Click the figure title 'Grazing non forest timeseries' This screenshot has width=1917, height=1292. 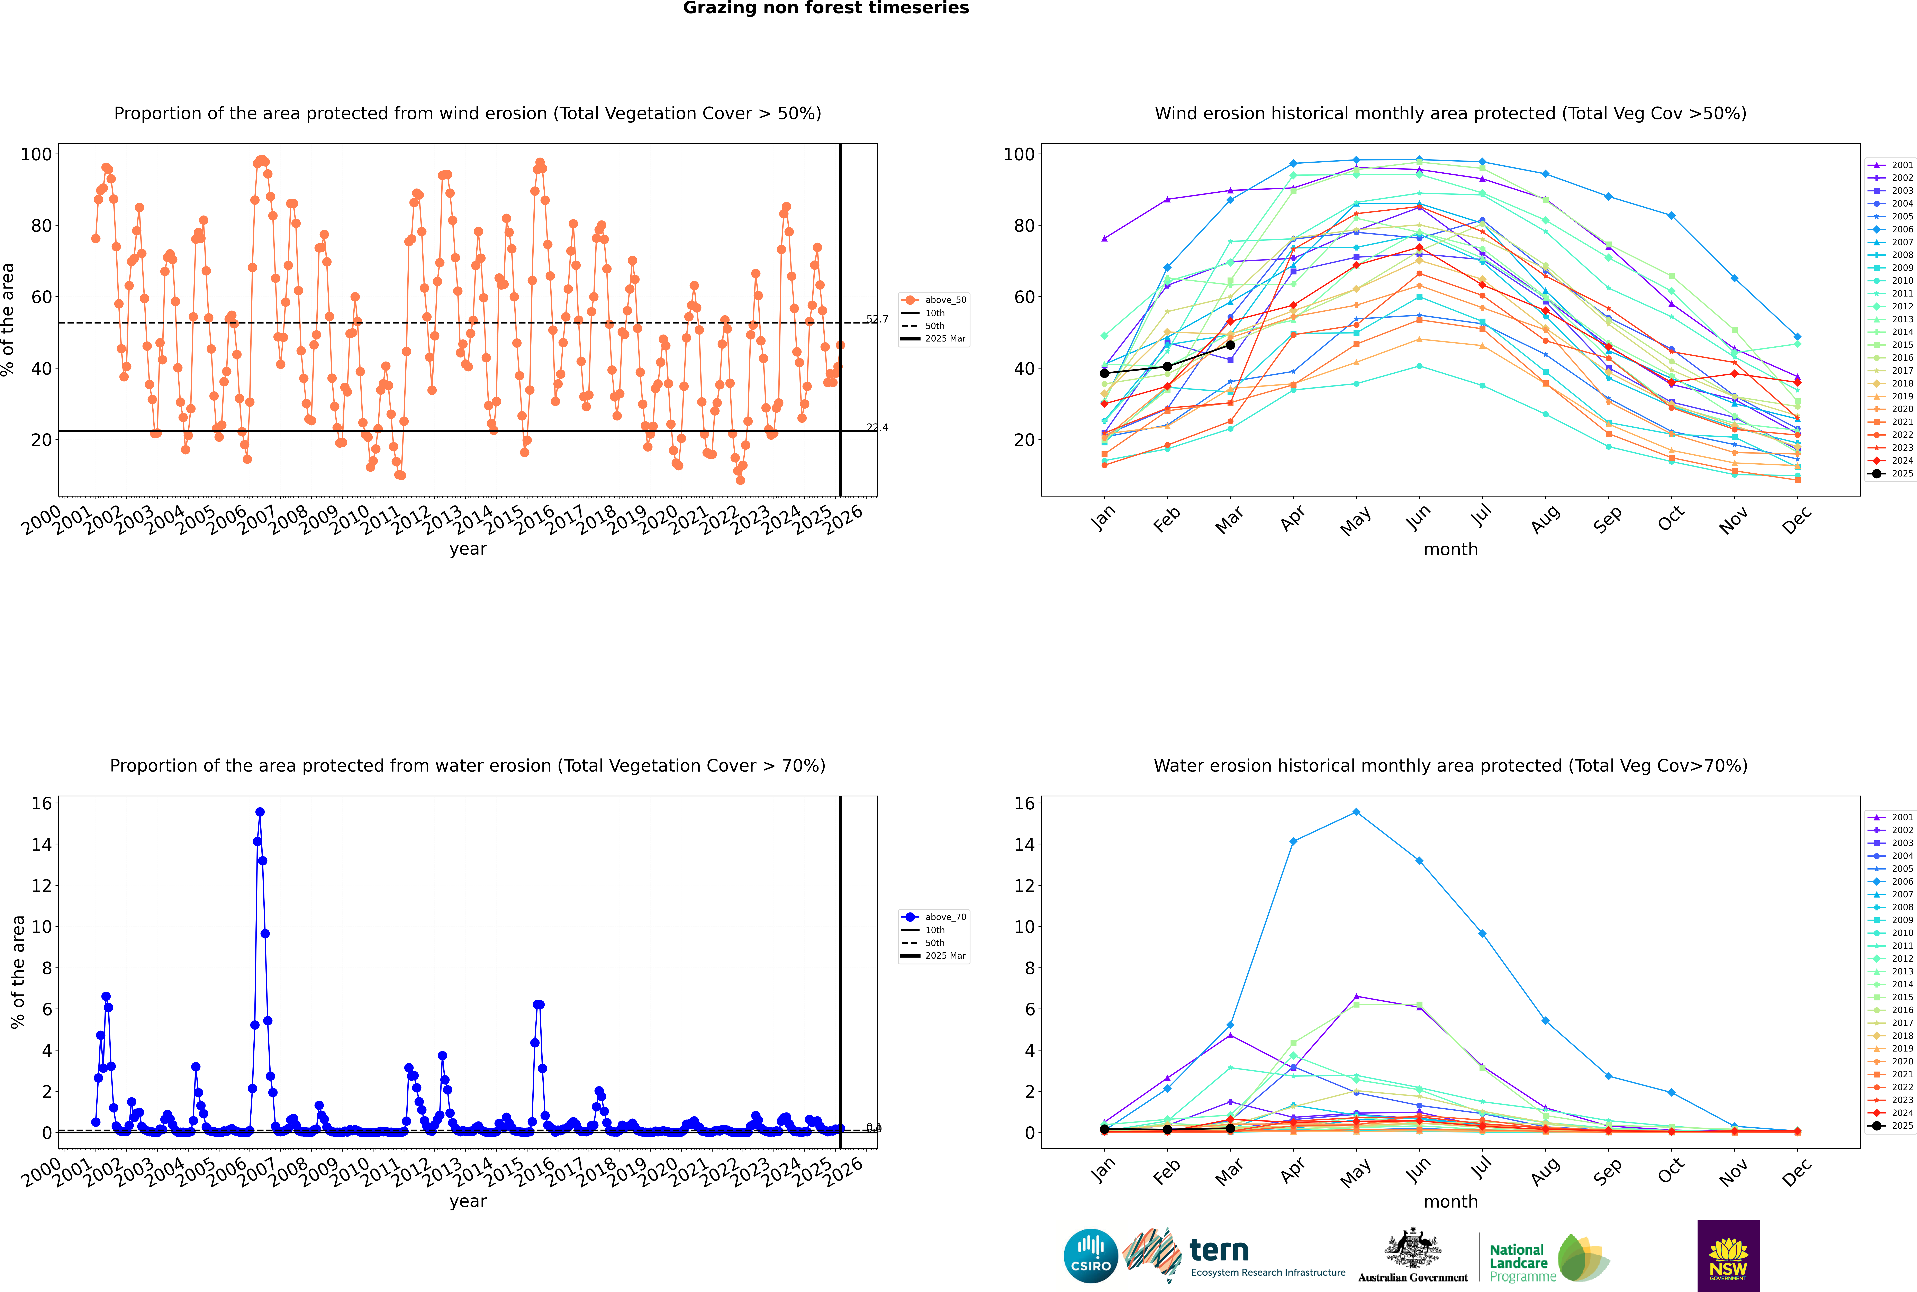[x=826, y=8]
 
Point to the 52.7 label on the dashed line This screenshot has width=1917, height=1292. [x=877, y=319]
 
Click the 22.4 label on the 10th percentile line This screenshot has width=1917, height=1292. [x=877, y=427]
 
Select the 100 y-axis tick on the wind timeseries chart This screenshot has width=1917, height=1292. [x=36, y=154]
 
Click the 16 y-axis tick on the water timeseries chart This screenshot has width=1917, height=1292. [x=41, y=803]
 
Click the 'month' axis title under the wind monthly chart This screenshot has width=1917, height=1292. [x=1450, y=550]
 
